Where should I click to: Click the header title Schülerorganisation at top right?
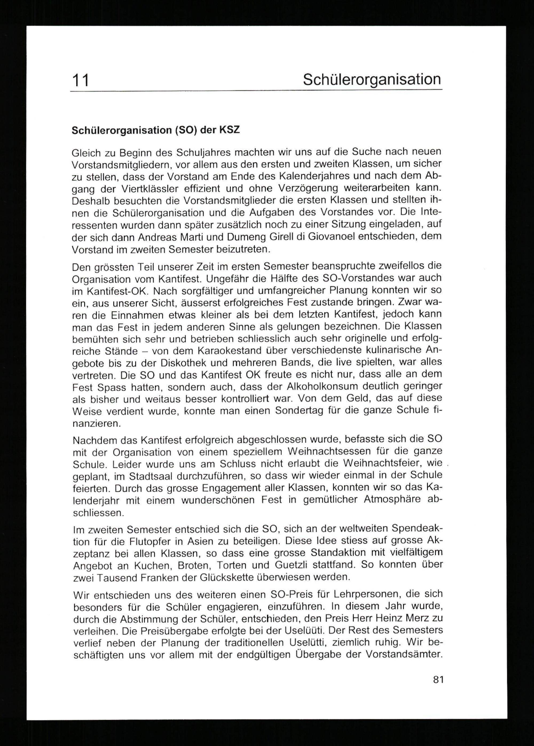[372, 80]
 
